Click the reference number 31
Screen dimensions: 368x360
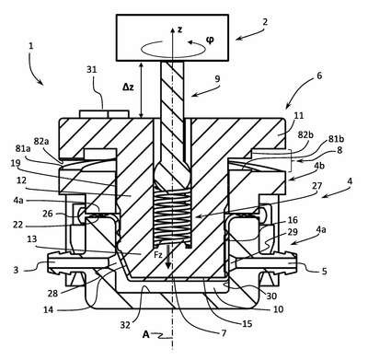pyautogui.click(x=91, y=70)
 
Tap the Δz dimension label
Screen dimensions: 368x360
pyautogui.click(x=128, y=87)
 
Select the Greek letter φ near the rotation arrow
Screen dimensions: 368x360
pyautogui.click(x=210, y=41)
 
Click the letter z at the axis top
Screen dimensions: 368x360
pyautogui.click(x=180, y=29)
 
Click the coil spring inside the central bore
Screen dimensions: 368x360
pyautogui.click(x=173, y=218)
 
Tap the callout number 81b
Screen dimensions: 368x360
pyautogui.click(x=337, y=139)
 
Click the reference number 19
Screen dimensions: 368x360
pyautogui.click(x=16, y=163)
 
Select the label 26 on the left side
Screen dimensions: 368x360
pyautogui.click(x=48, y=214)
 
